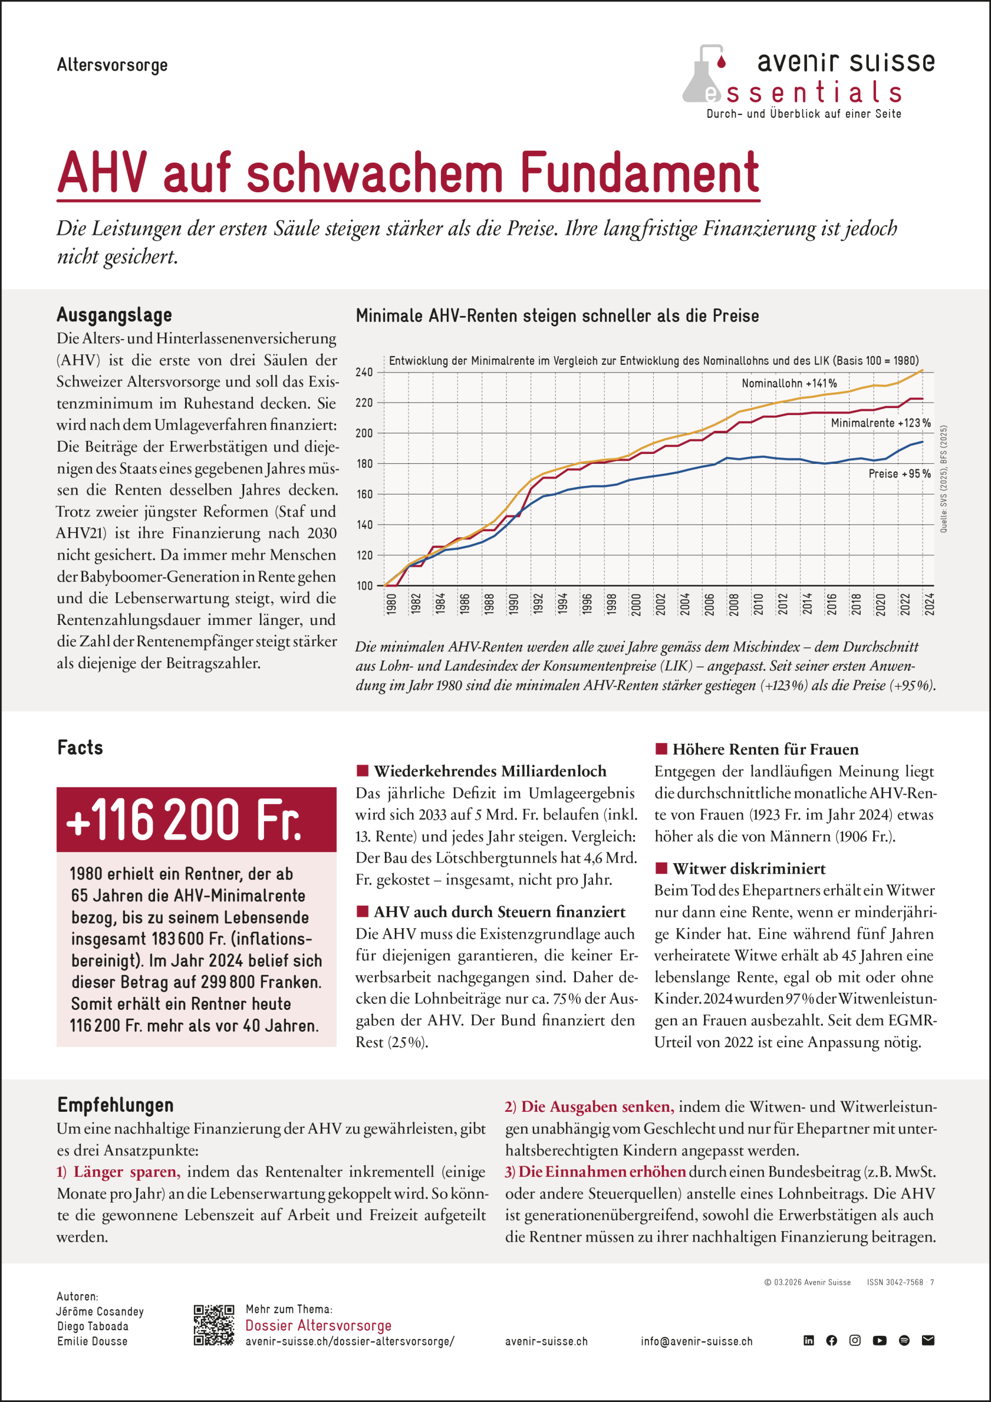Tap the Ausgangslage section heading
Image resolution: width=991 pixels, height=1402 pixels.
[114, 315]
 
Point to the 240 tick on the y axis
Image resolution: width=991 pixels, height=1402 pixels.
[364, 372]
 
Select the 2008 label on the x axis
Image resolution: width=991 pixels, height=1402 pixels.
[734, 604]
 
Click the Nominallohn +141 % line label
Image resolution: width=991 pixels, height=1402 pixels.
[789, 383]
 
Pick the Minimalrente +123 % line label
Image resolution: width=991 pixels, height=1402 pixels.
[880, 423]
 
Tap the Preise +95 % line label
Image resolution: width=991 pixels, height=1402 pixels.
[900, 474]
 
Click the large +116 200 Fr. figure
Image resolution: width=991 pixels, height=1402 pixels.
[184, 819]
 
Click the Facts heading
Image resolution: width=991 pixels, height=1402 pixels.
[80, 748]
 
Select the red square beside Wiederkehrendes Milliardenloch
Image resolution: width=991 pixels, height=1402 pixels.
[362, 771]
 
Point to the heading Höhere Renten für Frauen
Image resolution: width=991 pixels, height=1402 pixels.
[765, 749]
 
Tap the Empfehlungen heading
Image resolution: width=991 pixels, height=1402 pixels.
[116, 1105]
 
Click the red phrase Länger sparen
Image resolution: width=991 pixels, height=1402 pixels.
[126, 1172]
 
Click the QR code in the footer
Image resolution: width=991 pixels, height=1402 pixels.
[214, 1325]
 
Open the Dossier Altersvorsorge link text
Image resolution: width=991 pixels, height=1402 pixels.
[318, 1325]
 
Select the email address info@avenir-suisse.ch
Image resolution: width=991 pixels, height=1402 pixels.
[696, 1342]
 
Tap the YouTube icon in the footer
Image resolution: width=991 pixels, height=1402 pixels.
[879, 1340]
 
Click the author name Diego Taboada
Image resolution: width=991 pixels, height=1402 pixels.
[93, 1326]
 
